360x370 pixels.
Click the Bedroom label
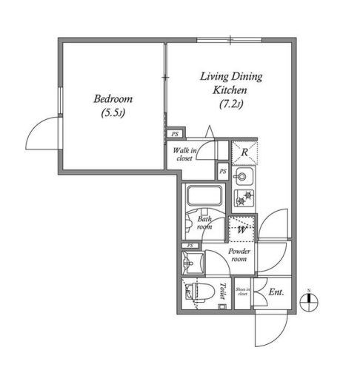(x=113, y=98)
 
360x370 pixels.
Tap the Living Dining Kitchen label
(x=230, y=82)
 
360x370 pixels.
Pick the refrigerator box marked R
(x=244, y=153)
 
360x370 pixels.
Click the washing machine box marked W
(x=242, y=229)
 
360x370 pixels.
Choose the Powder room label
(x=239, y=255)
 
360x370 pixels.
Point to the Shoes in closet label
(x=242, y=292)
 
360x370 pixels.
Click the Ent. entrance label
(x=276, y=292)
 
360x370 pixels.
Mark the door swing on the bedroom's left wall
(x=44, y=137)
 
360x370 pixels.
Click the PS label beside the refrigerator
(x=223, y=172)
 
